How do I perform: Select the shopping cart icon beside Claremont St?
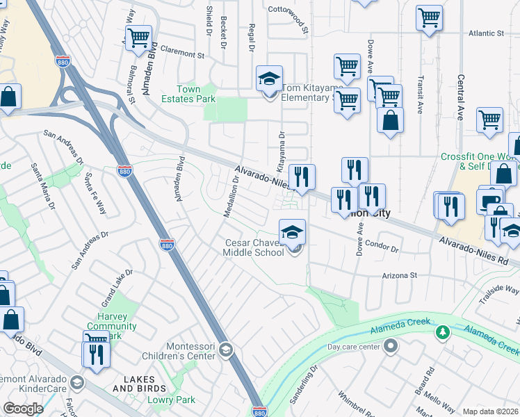coord(139,38)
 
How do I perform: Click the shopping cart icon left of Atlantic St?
coord(430,17)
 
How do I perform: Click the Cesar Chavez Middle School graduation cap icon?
coord(293,231)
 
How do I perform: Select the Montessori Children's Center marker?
coord(225,348)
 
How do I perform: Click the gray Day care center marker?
coord(391,345)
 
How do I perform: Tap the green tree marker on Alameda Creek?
coord(441,333)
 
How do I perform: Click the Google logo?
coord(23,409)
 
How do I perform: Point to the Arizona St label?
coord(399,276)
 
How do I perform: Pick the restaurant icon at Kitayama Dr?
coord(302,177)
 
